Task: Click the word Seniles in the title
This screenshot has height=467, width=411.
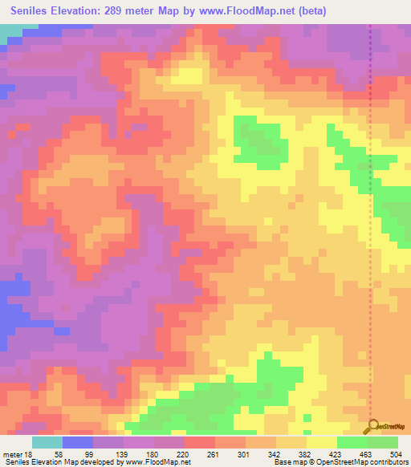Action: click(x=32, y=10)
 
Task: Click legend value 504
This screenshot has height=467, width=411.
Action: click(x=395, y=455)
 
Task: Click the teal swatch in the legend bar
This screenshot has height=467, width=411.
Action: click(x=47, y=442)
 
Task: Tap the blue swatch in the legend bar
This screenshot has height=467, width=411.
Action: click(x=78, y=442)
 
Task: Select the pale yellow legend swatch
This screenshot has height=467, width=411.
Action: click(x=321, y=442)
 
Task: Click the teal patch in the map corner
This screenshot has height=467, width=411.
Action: click(x=10, y=32)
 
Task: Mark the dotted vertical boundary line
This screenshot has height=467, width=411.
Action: click(x=370, y=241)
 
